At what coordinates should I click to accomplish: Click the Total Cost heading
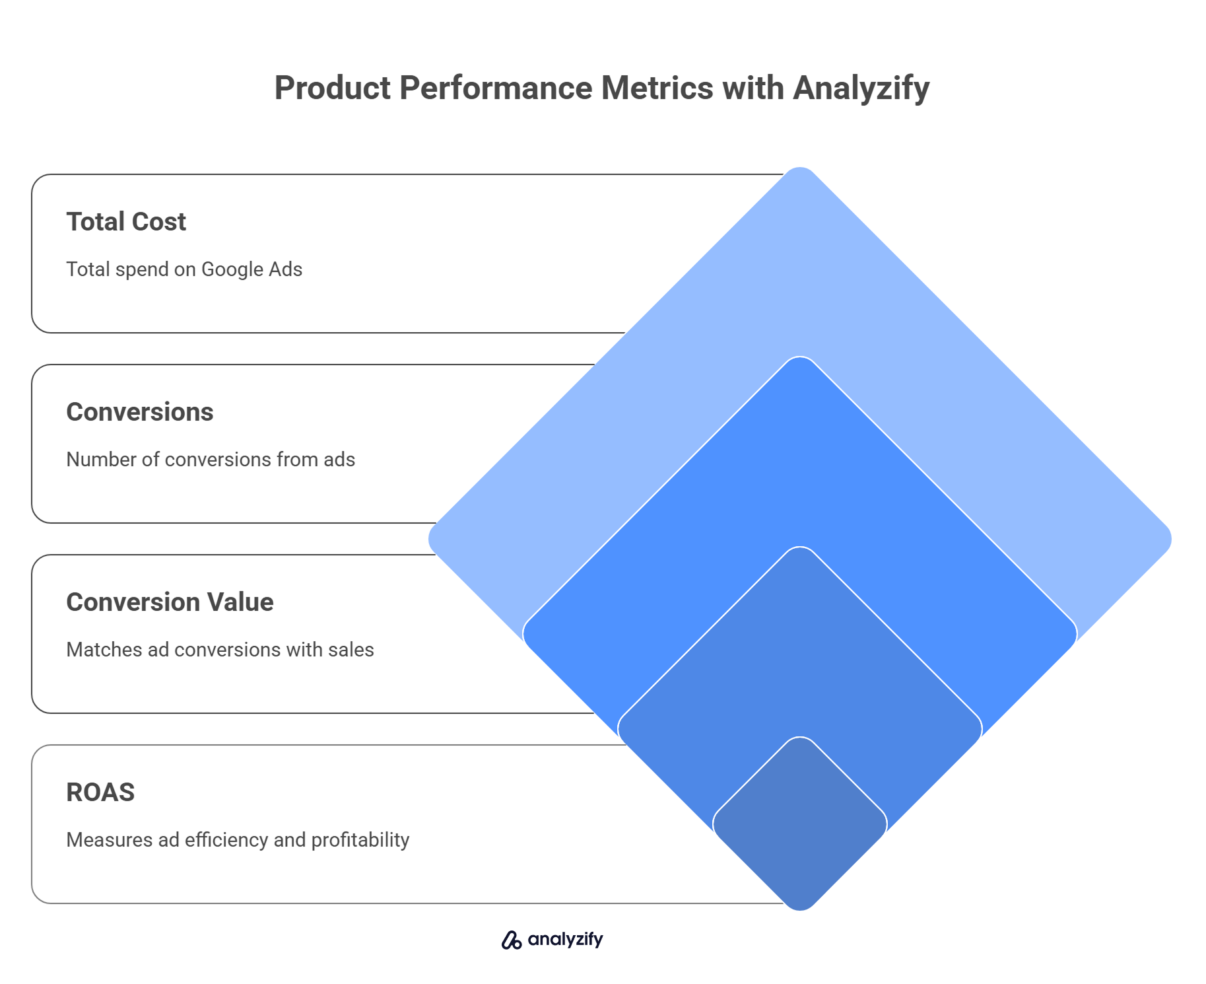pyautogui.click(x=126, y=222)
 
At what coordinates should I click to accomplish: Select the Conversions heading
pyautogui.click(x=140, y=412)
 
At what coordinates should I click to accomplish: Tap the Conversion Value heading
pyautogui.click(x=170, y=602)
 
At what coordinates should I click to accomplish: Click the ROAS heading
pyautogui.click(x=100, y=792)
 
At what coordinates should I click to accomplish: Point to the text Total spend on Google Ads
pyautogui.click(x=184, y=269)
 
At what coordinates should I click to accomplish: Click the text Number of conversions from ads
pyautogui.click(x=211, y=460)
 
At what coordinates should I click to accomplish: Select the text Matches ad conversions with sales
pyautogui.click(x=220, y=650)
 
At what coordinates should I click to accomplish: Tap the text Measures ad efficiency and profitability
pyautogui.click(x=238, y=840)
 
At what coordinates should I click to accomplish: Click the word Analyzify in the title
pyautogui.click(x=861, y=88)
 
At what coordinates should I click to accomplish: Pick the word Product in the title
pyautogui.click(x=332, y=88)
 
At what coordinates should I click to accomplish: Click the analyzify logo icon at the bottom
pyautogui.click(x=512, y=940)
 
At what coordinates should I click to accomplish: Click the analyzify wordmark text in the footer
pyautogui.click(x=565, y=940)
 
